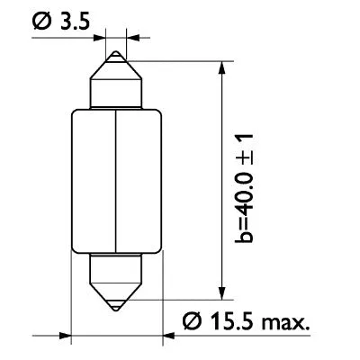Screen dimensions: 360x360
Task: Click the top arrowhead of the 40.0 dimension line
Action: (221, 67)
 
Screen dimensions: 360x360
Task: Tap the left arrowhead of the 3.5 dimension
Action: (102, 38)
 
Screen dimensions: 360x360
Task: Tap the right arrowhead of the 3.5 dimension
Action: (132, 38)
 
